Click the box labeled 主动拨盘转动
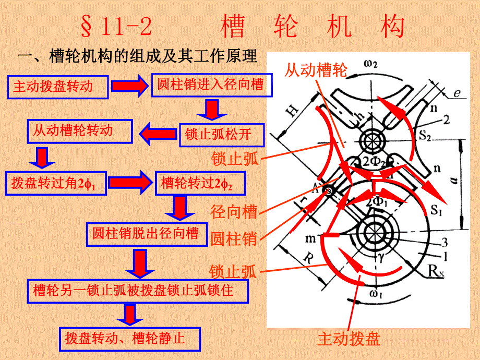click(57, 87)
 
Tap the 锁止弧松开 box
click(222, 135)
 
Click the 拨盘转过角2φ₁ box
click(57, 183)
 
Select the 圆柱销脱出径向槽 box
click(146, 234)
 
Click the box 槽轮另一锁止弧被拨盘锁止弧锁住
click(133, 291)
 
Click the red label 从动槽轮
click(315, 70)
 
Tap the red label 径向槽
click(234, 213)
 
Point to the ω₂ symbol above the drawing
click(371, 64)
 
